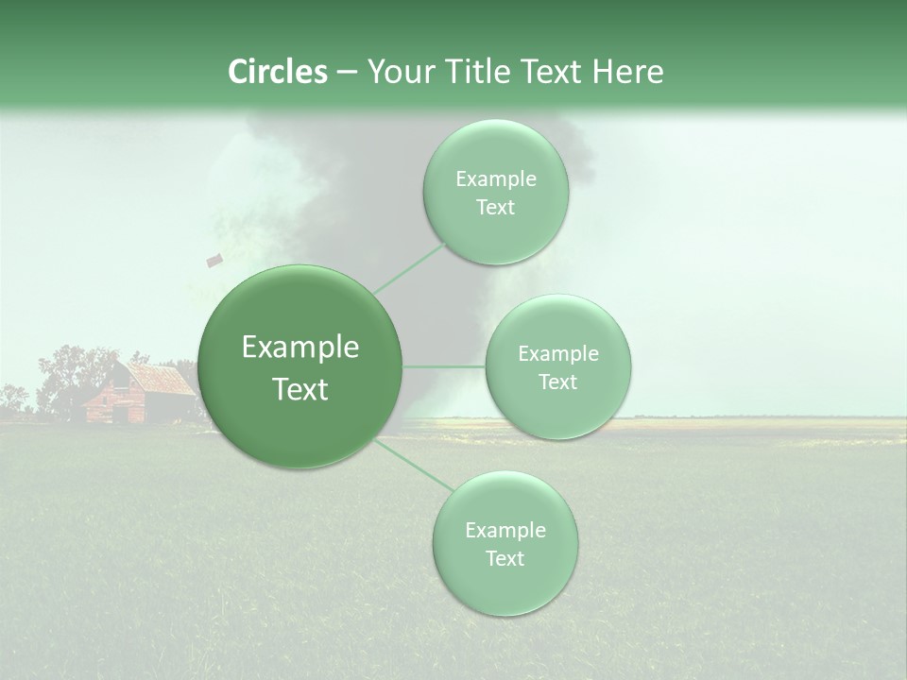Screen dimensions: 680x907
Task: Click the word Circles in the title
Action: tap(278, 72)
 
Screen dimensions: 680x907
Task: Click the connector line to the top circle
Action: tap(410, 267)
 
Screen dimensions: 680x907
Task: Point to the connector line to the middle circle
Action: tap(444, 366)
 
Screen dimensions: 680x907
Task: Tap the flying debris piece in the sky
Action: tap(214, 259)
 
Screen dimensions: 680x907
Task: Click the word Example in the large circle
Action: tap(300, 348)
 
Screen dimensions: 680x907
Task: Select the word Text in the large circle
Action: tap(300, 389)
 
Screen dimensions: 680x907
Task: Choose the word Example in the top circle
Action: tap(495, 178)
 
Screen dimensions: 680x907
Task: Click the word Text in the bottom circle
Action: tap(505, 558)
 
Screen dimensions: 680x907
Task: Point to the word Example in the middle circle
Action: tap(557, 353)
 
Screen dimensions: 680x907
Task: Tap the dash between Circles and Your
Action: tap(347, 73)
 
